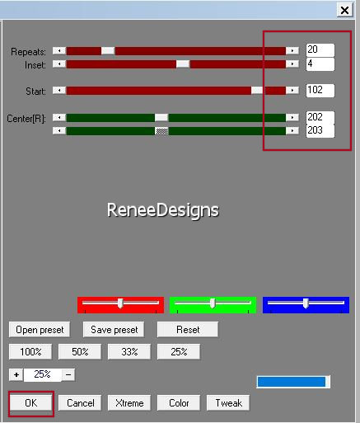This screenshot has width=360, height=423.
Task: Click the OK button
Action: pyautogui.click(x=30, y=403)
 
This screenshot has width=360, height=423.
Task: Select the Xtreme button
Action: pyautogui.click(x=129, y=403)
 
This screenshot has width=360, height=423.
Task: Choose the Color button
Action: pyautogui.click(x=179, y=403)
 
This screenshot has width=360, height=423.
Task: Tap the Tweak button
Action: pyautogui.click(x=228, y=403)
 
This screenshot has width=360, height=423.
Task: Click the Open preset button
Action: pyautogui.click(x=40, y=330)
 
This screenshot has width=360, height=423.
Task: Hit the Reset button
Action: pyautogui.click(x=188, y=330)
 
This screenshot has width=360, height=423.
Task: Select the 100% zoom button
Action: pyautogui.click(x=30, y=352)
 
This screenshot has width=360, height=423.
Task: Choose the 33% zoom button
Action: pyautogui.click(x=129, y=352)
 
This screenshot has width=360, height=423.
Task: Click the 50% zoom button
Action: pyautogui.click(x=80, y=352)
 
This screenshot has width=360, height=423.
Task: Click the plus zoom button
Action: pyautogui.click(x=16, y=374)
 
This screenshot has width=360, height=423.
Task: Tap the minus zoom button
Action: pyautogui.click(x=68, y=374)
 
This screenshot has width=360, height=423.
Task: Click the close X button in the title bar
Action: pyautogui.click(x=344, y=10)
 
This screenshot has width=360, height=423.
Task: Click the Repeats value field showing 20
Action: pyautogui.click(x=320, y=50)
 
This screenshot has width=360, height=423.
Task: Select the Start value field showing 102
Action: pyautogui.click(x=320, y=90)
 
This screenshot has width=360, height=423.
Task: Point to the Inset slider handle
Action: pyautogui.click(x=183, y=64)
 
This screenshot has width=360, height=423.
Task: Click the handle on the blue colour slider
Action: pyautogui.click(x=306, y=303)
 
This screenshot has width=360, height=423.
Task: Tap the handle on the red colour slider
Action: pyautogui.click(x=120, y=303)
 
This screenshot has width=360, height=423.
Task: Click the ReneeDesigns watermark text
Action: pyautogui.click(x=163, y=210)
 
